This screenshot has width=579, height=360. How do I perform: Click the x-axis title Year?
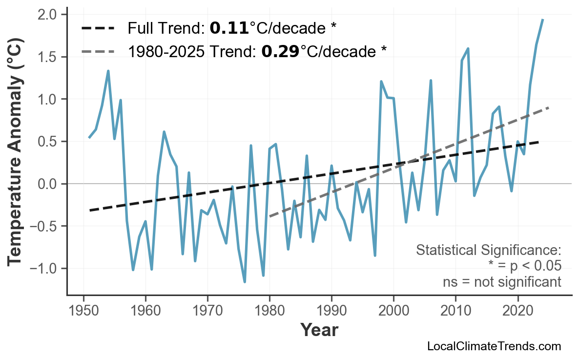point(319,330)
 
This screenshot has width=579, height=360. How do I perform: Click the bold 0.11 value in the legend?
point(229,28)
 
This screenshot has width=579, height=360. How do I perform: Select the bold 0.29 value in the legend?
point(280,51)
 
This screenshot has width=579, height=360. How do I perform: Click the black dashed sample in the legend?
point(98,28)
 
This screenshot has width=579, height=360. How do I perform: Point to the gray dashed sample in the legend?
point(98,51)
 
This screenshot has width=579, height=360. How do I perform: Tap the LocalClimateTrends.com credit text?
point(494,346)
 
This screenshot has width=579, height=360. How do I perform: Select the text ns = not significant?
point(502,282)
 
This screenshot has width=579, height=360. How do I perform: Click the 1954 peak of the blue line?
point(108,71)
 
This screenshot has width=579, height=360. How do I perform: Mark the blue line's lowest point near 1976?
point(245,282)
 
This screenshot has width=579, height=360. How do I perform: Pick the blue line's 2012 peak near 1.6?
point(468,48)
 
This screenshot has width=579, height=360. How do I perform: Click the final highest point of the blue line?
point(542,20)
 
